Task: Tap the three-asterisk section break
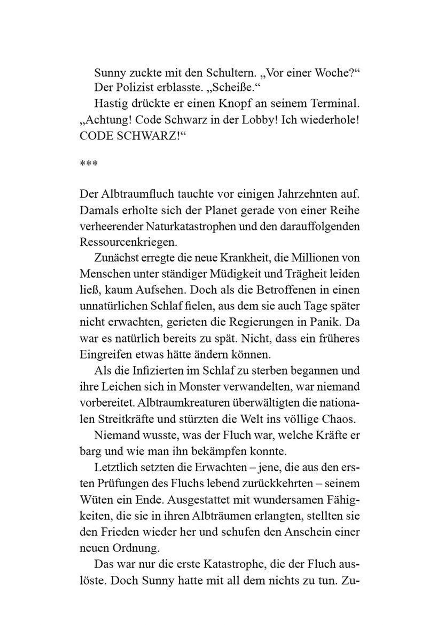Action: tap(89, 164)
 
